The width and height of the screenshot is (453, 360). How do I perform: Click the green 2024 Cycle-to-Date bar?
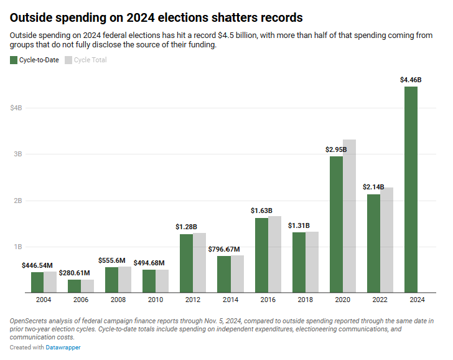tap(411, 189)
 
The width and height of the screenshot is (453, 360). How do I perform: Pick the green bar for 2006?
tap(74, 286)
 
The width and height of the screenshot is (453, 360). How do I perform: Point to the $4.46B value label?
tap(411, 80)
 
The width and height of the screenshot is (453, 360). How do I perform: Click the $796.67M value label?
tap(224, 249)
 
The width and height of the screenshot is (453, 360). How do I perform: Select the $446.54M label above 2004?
tap(38, 265)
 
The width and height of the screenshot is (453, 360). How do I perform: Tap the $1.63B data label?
tap(261, 211)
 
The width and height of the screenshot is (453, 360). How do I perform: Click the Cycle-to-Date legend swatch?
tap(14, 60)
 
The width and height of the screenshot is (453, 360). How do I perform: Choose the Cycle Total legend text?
tap(90, 60)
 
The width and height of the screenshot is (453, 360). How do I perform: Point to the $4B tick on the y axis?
tap(16, 108)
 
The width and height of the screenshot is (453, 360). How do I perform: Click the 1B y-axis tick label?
tap(17, 247)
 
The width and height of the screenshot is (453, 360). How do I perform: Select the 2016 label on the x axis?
tap(268, 300)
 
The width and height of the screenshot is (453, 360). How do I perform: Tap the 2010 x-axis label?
tap(156, 300)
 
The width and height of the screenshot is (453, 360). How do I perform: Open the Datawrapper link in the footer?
tap(63, 348)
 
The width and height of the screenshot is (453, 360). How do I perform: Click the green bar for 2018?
tap(299, 262)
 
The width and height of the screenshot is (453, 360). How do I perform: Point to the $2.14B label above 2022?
tap(373, 187)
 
